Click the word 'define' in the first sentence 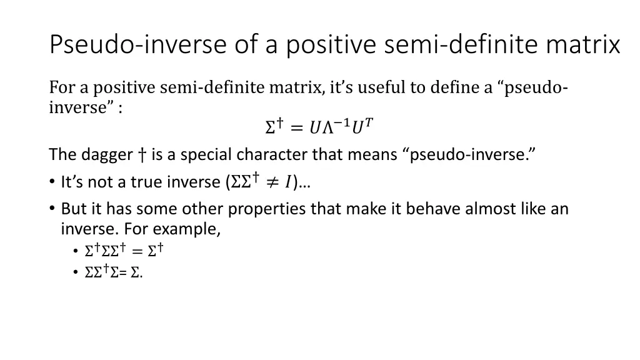point(454,87)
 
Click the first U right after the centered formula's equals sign point(315,127)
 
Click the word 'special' point(196,154)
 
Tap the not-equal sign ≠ point(271,182)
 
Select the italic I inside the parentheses point(287,182)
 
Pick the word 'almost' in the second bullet point(489,209)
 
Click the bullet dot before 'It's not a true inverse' point(51,182)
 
